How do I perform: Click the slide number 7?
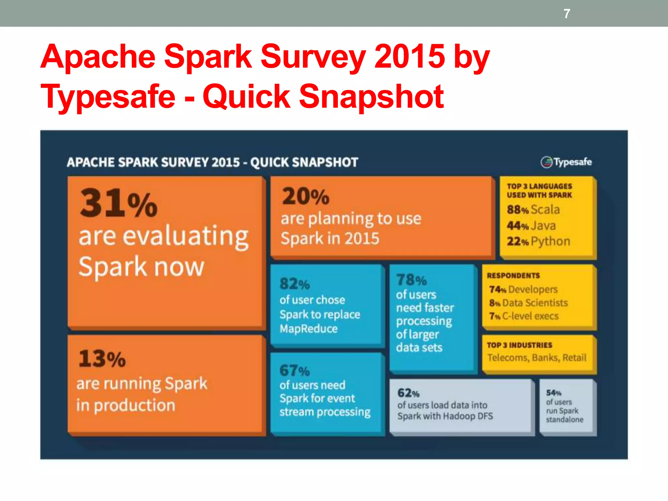pyautogui.click(x=567, y=14)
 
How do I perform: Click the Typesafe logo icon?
pyautogui.click(x=546, y=162)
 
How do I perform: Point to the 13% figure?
pyautogui.click(x=102, y=359)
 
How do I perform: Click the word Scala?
pyautogui.click(x=545, y=209)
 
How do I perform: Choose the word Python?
pyautogui.click(x=550, y=241)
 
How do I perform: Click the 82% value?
pyautogui.click(x=295, y=284)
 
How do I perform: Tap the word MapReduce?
pyautogui.click(x=309, y=328)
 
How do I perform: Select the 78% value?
pyautogui.click(x=411, y=280)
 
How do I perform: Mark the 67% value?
pyautogui.click(x=295, y=371)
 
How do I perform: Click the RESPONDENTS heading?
pyautogui.click(x=513, y=276)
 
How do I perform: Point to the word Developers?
pyautogui.click(x=533, y=289)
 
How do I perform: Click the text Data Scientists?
pyautogui.click(x=535, y=303)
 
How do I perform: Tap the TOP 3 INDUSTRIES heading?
pyautogui.click(x=519, y=345)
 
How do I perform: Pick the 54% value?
pyautogui.click(x=554, y=393)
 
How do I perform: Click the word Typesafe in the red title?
pyautogui.click(x=108, y=97)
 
